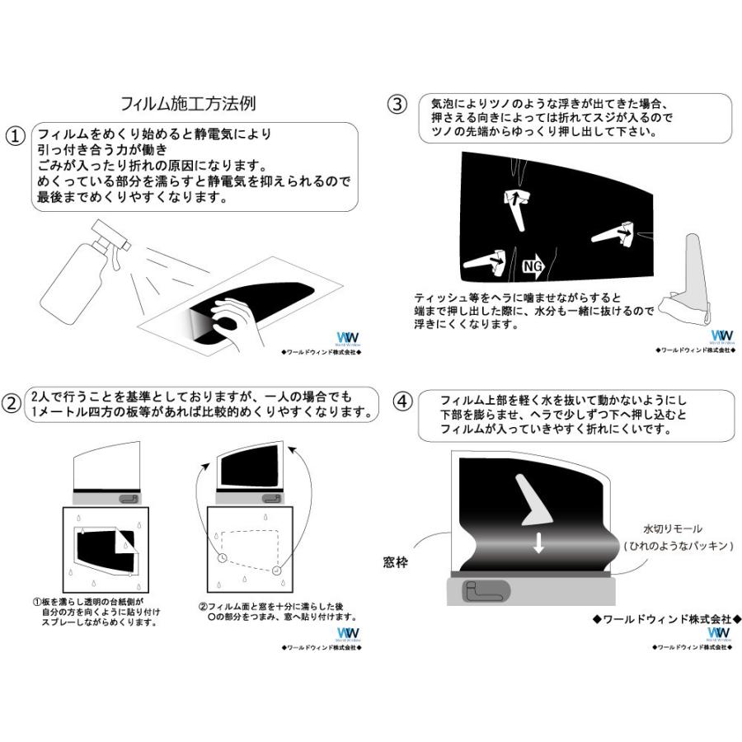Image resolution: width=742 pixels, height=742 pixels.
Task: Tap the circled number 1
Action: (x=15, y=136)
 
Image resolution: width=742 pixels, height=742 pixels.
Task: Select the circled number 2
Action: (x=12, y=403)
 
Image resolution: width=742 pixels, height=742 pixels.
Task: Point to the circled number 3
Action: (x=397, y=104)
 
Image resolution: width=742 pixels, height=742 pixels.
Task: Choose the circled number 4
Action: (x=402, y=402)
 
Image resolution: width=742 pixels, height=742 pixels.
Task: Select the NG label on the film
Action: (x=533, y=265)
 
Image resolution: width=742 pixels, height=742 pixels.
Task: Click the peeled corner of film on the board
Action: (x=125, y=542)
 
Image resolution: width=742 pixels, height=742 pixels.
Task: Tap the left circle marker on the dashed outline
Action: (x=223, y=557)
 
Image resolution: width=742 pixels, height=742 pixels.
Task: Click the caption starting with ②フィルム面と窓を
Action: (x=275, y=611)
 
